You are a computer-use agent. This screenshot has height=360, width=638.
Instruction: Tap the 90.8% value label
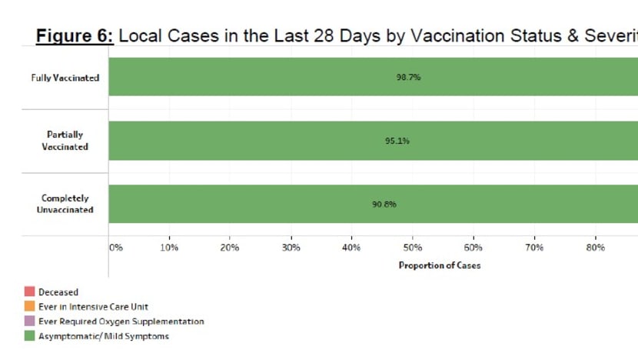(x=384, y=205)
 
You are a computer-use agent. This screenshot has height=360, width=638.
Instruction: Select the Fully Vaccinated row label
(x=65, y=78)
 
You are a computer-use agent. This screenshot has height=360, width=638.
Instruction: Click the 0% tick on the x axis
(x=115, y=248)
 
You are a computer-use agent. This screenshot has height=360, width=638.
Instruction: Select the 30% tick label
(x=291, y=248)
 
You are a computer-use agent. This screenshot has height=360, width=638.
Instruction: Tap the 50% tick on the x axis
(x=412, y=248)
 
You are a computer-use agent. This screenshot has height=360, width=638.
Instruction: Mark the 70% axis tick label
(x=534, y=248)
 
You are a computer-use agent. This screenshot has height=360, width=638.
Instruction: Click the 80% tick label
(x=595, y=248)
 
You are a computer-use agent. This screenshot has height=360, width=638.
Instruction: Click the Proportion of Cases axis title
(x=439, y=265)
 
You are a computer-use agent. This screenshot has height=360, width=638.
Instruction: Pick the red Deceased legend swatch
(x=29, y=292)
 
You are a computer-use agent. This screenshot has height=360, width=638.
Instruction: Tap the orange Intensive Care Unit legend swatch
(x=29, y=306)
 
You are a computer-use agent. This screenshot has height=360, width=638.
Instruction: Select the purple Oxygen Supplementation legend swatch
(x=29, y=321)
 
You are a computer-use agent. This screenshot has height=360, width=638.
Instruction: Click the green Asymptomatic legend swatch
(x=29, y=335)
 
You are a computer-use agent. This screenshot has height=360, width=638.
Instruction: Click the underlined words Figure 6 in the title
(x=75, y=35)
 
